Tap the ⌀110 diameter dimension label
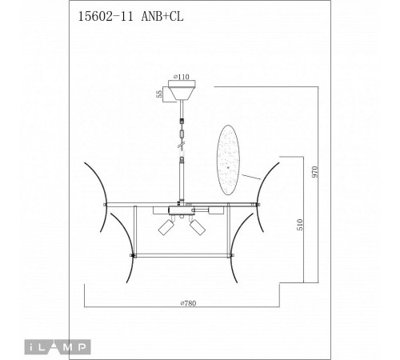185,79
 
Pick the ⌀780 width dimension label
190,303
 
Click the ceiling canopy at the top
186,92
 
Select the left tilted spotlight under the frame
166,226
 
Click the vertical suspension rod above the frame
184,181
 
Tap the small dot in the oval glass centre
228,167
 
